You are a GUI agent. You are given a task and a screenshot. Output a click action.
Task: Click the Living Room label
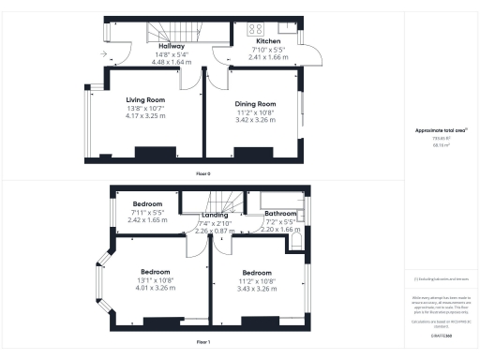point(145,99)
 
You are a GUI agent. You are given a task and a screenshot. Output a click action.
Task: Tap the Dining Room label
point(255,104)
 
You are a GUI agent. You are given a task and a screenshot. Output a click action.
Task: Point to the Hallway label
point(171,45)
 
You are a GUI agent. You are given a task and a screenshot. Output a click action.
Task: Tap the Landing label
point(215,215)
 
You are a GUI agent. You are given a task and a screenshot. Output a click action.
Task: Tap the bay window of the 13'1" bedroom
point(101,277)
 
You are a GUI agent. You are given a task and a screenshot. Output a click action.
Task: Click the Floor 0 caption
point(202,174)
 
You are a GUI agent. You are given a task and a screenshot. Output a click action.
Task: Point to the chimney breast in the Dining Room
point(250,153)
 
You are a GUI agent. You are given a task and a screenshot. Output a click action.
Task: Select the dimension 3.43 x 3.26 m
point(255,288)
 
